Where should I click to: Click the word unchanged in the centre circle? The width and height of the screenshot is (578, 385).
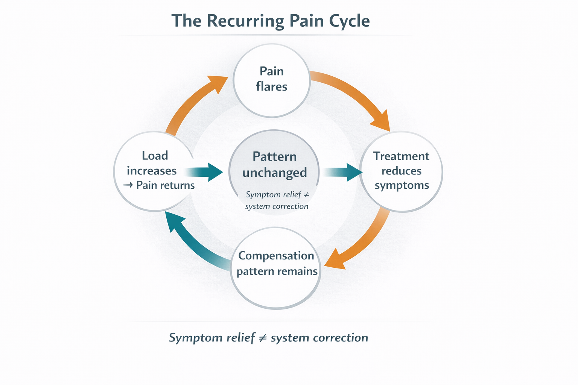274,173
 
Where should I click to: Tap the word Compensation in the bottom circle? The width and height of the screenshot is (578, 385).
276,256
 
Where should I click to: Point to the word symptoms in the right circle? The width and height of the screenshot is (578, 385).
402,185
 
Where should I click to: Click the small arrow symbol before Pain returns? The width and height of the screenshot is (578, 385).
128,185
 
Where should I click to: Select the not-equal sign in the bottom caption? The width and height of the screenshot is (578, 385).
263,338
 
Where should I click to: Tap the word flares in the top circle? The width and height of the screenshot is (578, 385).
272,86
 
